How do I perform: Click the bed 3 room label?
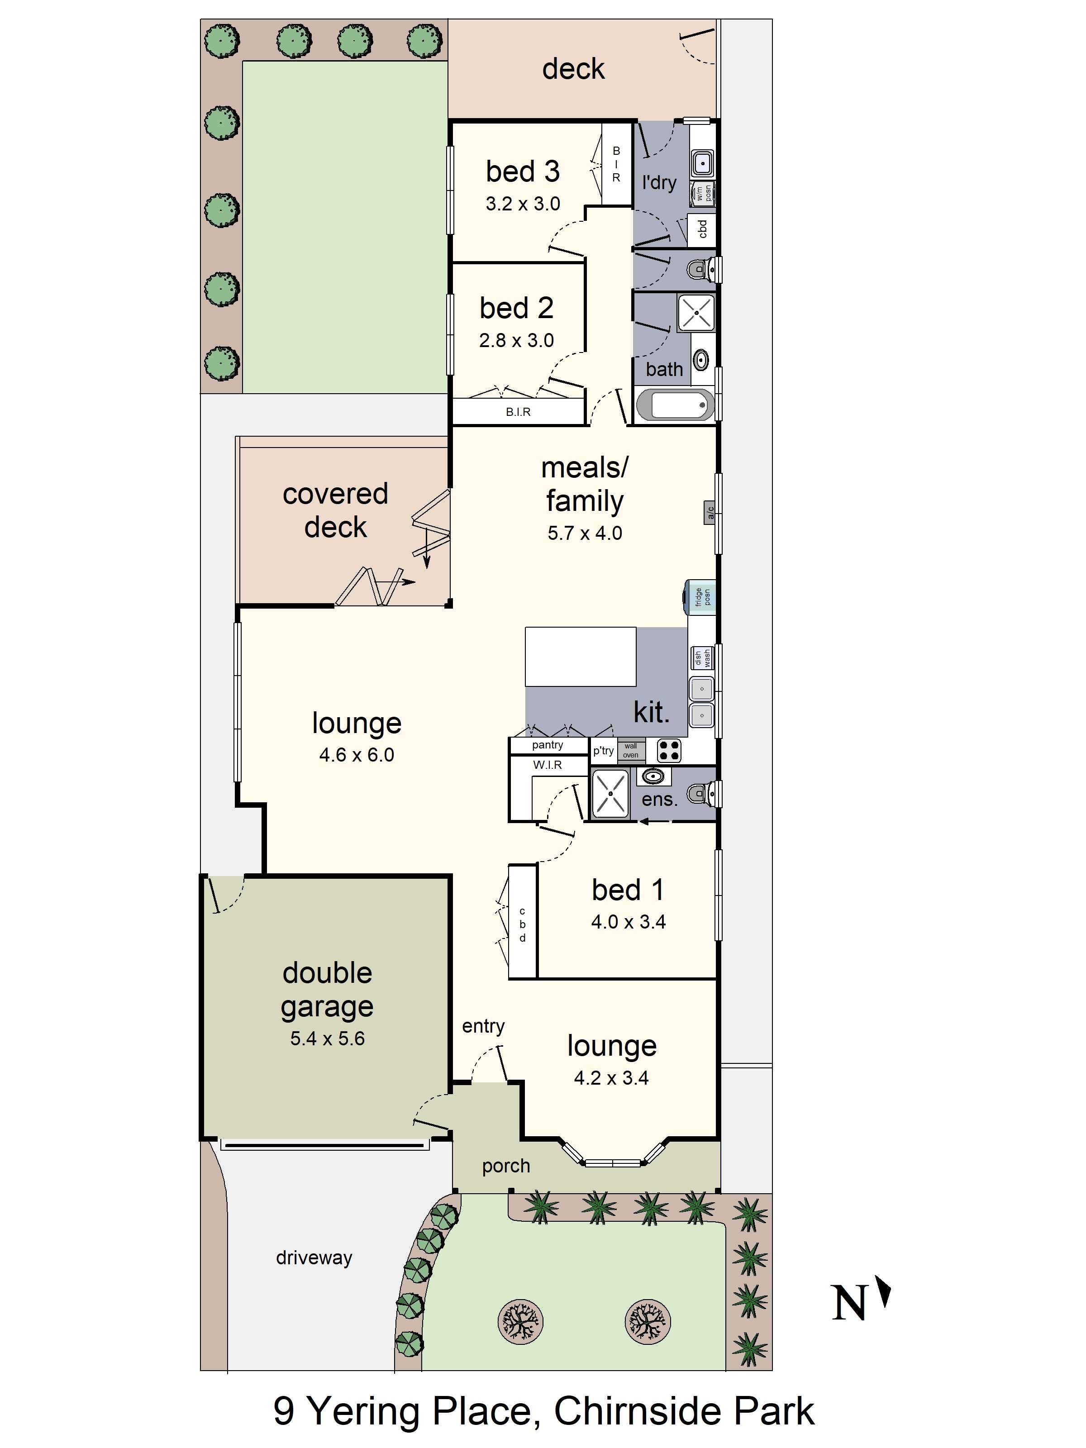[x=522, y=171]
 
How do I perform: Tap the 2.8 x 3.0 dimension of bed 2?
[x=516, y=340]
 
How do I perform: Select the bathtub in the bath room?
[x=675, y=405]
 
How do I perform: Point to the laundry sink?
[x=702, y=162]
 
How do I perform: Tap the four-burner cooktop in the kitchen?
[x=668, y=750]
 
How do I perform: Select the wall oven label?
[x=630, y=750]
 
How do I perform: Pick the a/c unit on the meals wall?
[x=710, y=511]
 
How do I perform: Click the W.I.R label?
[x=547, y=765]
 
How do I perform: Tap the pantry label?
[x=547, y=745]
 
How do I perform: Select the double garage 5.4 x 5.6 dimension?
[x=327, y=1039]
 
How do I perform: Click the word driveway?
[x=314, y=1257]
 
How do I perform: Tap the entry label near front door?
[x=483, y=1026]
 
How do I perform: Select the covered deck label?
[x=335, y=510]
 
